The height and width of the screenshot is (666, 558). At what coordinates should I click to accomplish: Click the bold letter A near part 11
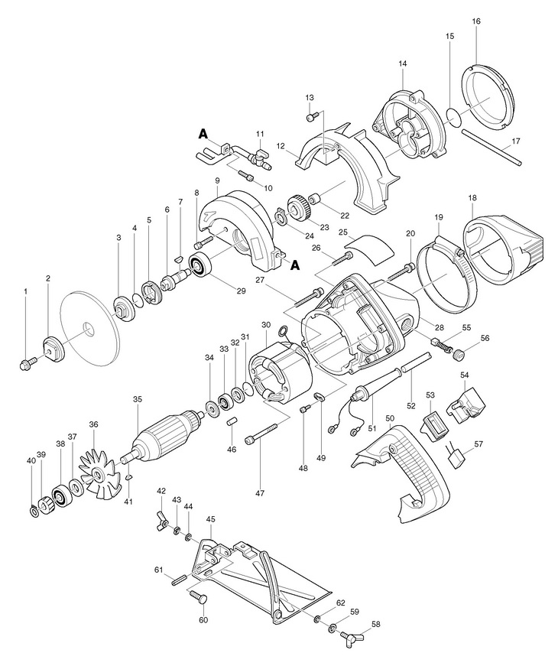[x=203, y=133]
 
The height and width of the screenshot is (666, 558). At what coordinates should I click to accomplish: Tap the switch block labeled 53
[x=434, y=423]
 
